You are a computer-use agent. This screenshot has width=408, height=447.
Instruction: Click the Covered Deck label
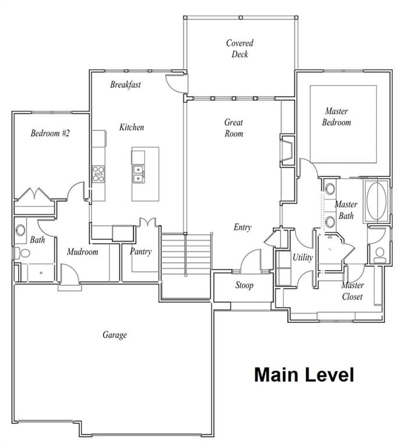click(x=239, y=49)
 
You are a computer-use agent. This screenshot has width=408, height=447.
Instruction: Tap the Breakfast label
click(x=126, y=84)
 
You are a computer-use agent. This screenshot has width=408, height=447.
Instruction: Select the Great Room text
click(x=234, y=128)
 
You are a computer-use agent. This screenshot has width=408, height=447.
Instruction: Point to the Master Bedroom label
click(x=337, y=117)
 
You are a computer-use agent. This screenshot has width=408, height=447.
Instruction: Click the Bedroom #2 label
click(x=50, y=133)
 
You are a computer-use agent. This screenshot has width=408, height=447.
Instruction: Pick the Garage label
click(x=115, y=335)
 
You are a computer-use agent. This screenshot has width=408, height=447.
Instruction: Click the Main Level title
click(x=304, y=375)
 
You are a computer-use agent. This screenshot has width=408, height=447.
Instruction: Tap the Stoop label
click(x=244, y=285)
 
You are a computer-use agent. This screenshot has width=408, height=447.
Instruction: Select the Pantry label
click(x=140, y=251)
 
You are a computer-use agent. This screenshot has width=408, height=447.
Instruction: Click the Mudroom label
click(x=82, y=252)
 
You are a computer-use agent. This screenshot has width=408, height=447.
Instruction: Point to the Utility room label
click(x=303, y=257)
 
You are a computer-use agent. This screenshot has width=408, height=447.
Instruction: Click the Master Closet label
click(x=352, y=291)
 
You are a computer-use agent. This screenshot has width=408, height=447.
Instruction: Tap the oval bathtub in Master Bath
click(x=377, y=201)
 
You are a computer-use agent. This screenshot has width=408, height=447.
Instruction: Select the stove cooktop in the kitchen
click(x=98, y=174)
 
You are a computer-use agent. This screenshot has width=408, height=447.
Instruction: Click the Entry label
click(x=243, y=227)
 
